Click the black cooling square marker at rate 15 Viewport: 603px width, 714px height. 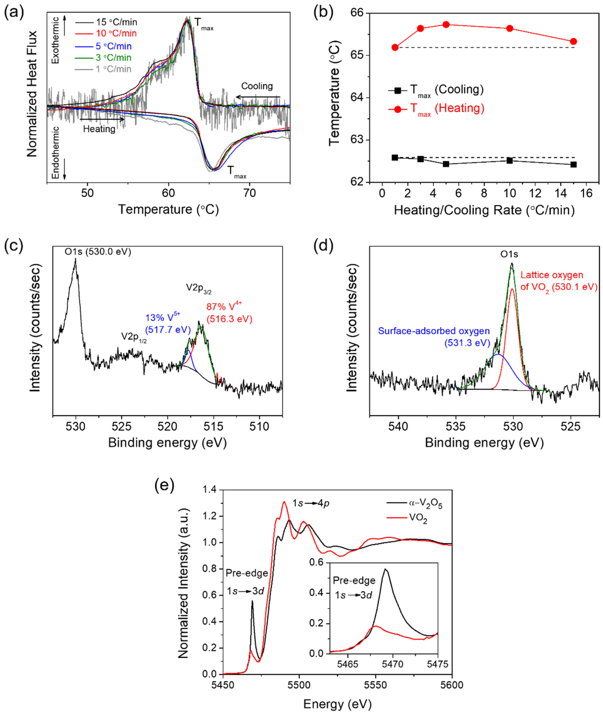[574, 165]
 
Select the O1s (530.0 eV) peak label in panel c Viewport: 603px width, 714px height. [98, 252]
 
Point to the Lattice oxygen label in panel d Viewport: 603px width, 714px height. [559, 281]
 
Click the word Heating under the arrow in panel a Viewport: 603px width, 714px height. [99, 129]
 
